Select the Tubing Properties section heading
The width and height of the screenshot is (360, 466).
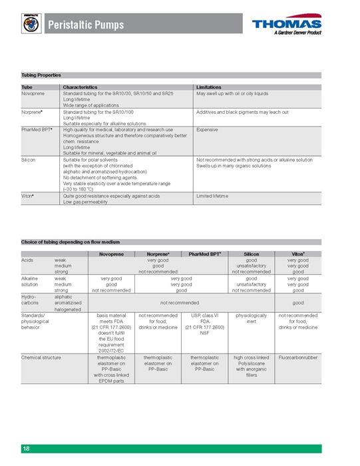click(42, 75)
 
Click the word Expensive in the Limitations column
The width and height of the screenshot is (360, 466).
click(209, 130)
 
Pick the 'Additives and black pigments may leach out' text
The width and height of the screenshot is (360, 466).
click(242, 112)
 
